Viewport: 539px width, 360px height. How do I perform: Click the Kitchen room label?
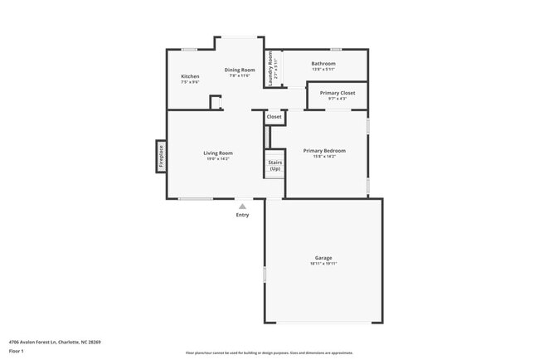190,76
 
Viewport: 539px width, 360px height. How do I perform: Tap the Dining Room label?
239,70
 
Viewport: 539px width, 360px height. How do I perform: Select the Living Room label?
219,153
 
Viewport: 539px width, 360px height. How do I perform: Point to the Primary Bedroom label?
324,150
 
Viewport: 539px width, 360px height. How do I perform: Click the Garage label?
323,258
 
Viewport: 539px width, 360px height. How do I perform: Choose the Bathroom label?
323,64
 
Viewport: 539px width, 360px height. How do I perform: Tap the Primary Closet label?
337,93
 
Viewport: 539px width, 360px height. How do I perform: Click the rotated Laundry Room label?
270,69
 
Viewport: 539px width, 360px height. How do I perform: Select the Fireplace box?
161,156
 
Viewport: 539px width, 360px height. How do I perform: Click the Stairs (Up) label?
274,166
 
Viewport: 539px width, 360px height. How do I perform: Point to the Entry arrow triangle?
242,206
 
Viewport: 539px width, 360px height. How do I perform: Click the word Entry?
242,215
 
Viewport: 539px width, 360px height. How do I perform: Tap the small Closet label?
274,117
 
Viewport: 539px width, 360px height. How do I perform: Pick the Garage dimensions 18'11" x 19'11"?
323,264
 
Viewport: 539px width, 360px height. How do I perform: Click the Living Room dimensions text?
219,158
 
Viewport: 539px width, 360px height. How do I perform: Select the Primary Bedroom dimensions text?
324,156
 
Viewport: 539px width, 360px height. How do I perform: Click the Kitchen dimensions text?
190,81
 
